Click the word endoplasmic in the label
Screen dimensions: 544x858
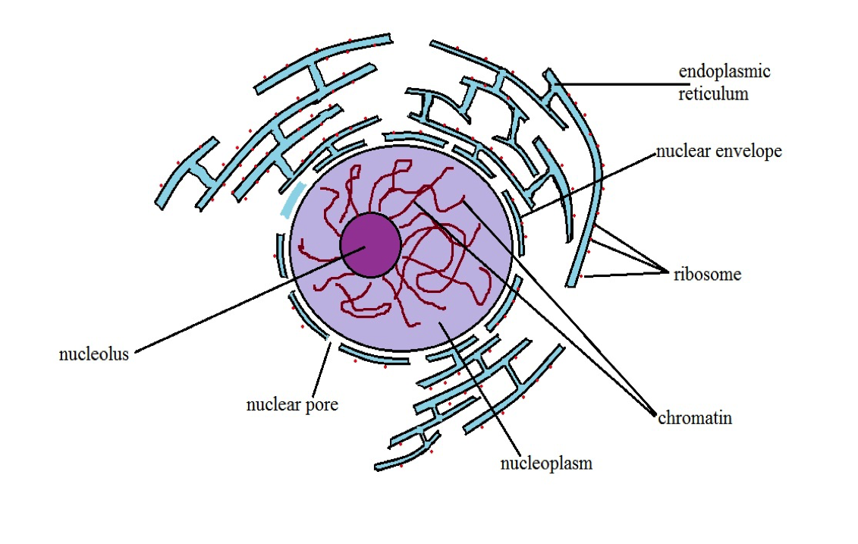pyautogui.click(x=724, y=72)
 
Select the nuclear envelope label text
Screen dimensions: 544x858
pyautogui.click(x=718, y=151)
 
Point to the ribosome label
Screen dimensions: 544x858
pyautogui.click(x=707, y=275)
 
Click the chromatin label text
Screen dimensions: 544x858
pyautogui.click(x=695, y=417)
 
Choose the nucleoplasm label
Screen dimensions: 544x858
pyautogui.click(x=546, y=463)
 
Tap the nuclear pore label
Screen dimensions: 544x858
pyautogui.click(x=292, y=404)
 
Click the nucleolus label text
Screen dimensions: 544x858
pyautogui.click(x=94, y=354)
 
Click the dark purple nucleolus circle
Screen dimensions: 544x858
pyautogui.click(x=370, y=244)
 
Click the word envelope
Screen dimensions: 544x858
pyautogui.click(x=750, y=151)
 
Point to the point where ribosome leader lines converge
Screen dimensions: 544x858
pyautogui.click(x=665, y=269)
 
